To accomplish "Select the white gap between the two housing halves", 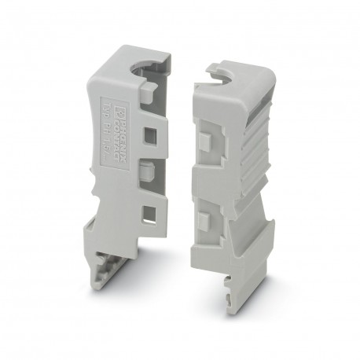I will pyautogui.click(x=179, y=157).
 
